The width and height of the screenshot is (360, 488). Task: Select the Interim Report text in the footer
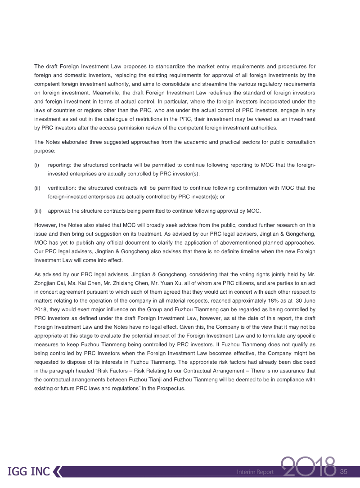(x=256, y=472)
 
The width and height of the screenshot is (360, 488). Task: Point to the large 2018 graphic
(x=309, y=468)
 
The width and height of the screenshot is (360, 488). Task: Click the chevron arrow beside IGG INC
(x=58, y=472)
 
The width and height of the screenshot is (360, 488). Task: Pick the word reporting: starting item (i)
(x=59, y=165)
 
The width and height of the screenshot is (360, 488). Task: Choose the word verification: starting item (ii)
(x=61, y=188)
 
